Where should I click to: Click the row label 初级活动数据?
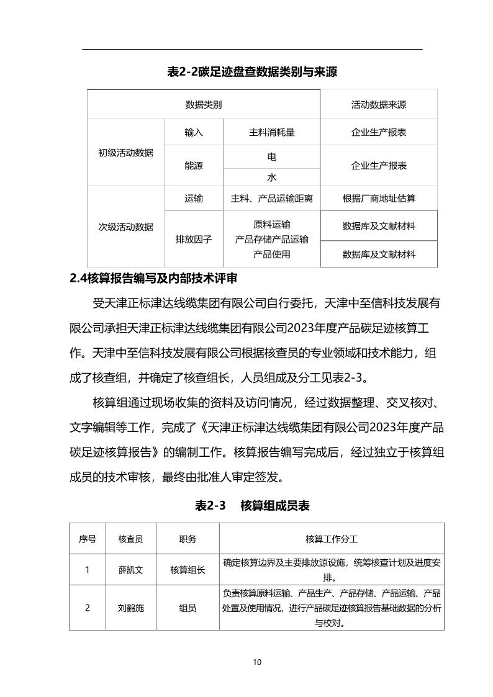tap(125, 153)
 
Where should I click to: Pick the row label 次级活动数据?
tap(125, 227)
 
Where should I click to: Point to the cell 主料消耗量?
tap(271, 132)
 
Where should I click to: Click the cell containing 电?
tap(271, 157)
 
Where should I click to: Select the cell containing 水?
tap(271, 177)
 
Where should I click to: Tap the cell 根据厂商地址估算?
tap(379, 199)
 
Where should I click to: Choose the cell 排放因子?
tap(194, 239)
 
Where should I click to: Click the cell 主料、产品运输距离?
tap(271, 199)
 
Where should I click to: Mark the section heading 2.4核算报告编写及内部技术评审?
tap(153, 278)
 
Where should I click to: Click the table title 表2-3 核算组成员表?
tap(252, 506)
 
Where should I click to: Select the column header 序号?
tap(87, 539)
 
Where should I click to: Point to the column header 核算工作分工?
tap(332, 539)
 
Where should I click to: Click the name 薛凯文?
tap(130, 570)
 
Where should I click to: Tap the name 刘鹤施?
tap(130, 608)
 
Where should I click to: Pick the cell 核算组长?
tap(188, 570)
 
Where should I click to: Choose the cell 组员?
tap(188, 608)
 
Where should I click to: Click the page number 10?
tap(257, 662)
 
